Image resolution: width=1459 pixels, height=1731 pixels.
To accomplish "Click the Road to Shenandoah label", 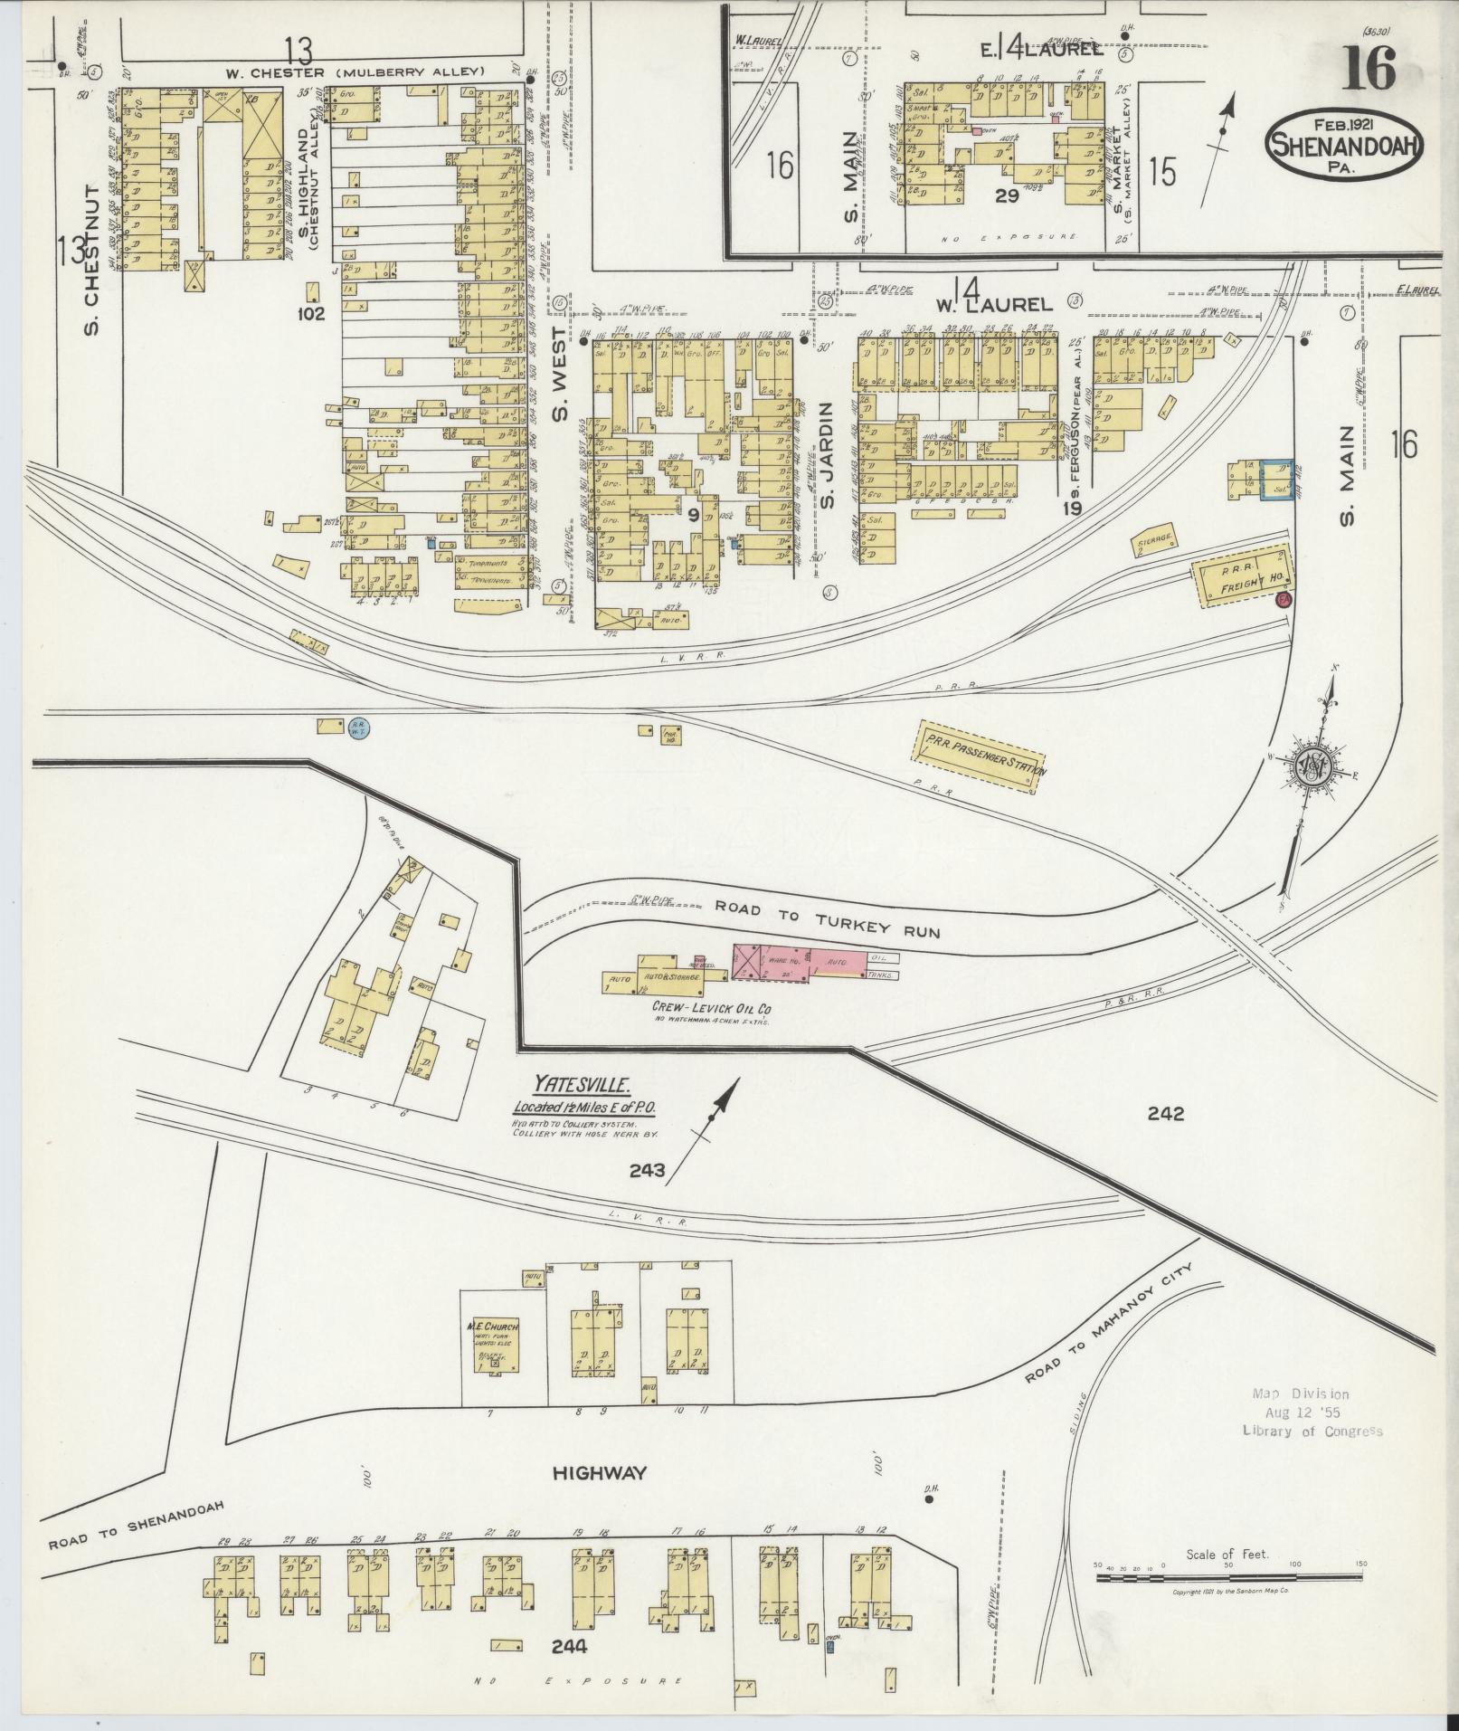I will [135, 1524].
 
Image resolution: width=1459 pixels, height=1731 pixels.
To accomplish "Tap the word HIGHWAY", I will [600, 1473].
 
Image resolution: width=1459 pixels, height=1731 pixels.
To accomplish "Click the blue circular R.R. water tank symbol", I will [359, 726].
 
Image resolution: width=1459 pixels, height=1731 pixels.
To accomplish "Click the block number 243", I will [647, 1171].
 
